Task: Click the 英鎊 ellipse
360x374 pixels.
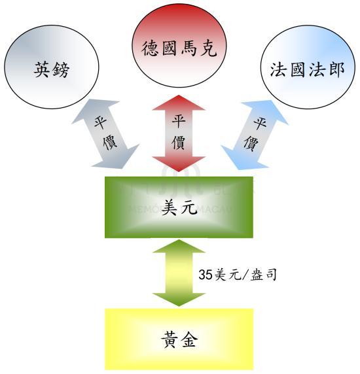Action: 52,67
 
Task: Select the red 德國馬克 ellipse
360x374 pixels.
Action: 179,45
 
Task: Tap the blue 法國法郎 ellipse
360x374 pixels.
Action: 308,67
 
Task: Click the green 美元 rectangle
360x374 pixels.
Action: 179,207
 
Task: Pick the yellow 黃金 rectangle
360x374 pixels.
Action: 179,339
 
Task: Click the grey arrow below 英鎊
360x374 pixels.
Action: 105,134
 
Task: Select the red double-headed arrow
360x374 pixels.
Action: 179,133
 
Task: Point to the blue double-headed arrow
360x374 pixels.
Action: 255,135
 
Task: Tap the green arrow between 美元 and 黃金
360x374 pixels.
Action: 179,273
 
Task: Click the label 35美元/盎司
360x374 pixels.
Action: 238,275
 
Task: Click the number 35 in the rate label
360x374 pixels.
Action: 206,275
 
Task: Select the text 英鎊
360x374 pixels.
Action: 52,70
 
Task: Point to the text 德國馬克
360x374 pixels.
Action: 179,48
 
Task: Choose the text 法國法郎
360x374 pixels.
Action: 308,69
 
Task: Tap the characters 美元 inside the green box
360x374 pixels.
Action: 179,207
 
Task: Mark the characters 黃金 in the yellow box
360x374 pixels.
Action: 179,339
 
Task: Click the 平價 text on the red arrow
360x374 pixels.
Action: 179,131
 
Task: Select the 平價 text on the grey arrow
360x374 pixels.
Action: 105,133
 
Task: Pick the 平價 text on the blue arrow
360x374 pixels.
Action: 255,134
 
